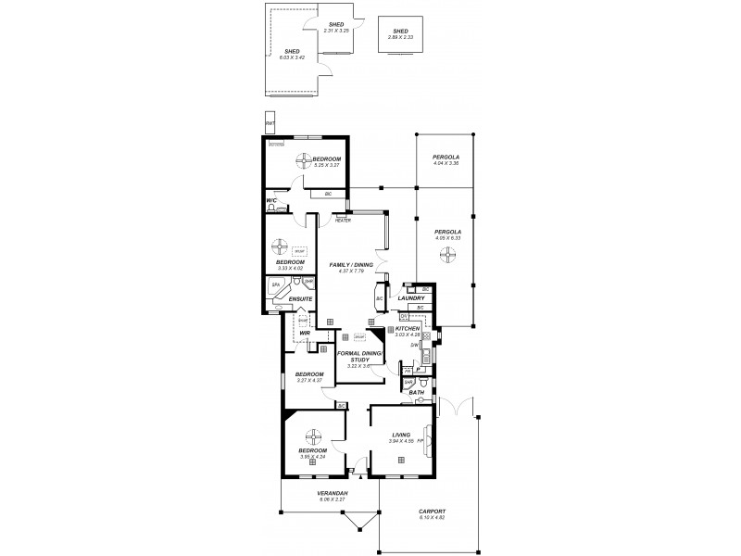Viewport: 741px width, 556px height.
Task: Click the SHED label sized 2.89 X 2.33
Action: click(x=400, y=31)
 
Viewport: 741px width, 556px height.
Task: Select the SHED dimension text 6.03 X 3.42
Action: click(x=292, y=57)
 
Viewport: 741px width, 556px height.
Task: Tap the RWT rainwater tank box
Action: click(x=270, y=123)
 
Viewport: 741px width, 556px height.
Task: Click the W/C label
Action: click(x=271, y=200)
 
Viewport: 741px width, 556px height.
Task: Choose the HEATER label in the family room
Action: click(x=342, y=221)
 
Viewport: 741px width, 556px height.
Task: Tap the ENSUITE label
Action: click(x=300, y=299)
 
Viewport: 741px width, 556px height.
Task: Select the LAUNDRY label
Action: click(x=410, y=298)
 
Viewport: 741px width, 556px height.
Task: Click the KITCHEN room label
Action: click(x=408, y=329)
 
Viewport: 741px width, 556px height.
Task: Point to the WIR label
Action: click(x=303, y=333)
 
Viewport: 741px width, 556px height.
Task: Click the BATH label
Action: click(x=416, y=393)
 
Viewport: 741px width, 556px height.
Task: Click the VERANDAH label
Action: click(x=332, y=493)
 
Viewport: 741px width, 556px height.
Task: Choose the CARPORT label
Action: click(x=432, y=511)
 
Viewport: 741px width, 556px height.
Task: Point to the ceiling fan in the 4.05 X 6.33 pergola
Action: click(x=447, y=255)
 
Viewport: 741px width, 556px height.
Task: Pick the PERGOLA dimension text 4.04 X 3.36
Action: click(x=446, y=164)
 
